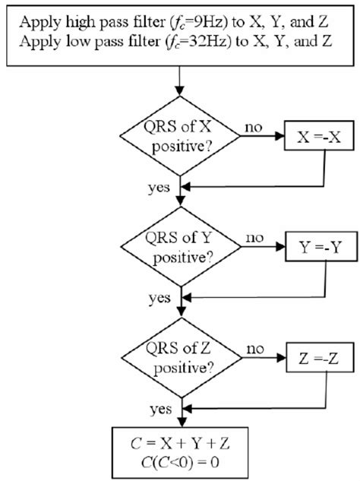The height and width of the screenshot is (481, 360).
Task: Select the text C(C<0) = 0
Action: [179, 460]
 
